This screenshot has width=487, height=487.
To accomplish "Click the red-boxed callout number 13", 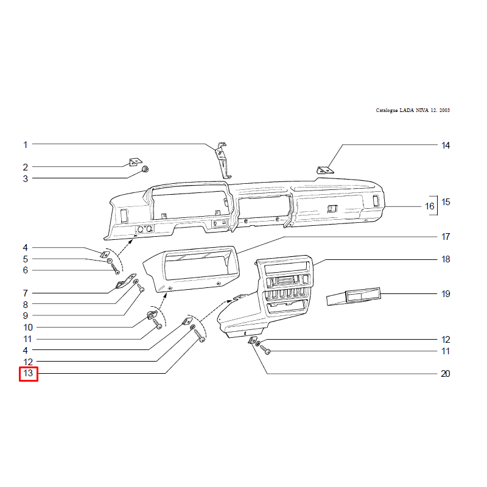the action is (28, 373).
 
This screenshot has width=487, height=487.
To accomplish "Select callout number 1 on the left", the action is (26, 145).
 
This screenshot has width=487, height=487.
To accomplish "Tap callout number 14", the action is (446, 145).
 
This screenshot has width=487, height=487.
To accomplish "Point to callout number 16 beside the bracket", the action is (430, 206).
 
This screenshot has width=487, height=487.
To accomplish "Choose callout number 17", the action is (446, 237).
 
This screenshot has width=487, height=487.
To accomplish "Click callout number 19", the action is (446, 294).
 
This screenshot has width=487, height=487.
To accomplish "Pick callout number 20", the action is (446, 374).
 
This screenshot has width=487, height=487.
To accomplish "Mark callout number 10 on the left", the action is (28, 328).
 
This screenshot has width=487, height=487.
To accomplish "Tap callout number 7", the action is (26, 293).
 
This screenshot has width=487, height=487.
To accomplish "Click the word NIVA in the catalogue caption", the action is (422, 110).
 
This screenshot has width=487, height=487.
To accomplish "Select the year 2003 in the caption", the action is (444, 110).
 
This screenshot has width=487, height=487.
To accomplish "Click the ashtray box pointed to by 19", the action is (354, 296).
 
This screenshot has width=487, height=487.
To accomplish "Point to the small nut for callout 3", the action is (145, 169).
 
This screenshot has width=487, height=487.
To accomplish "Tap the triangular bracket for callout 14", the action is (325, 170).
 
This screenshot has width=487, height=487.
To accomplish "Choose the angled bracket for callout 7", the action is (126, 281).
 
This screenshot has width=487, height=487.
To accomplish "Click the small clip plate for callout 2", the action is (135, 162).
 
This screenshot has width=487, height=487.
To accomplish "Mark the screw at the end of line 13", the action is (199, 336).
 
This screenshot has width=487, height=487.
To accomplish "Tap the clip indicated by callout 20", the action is (252, 340).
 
